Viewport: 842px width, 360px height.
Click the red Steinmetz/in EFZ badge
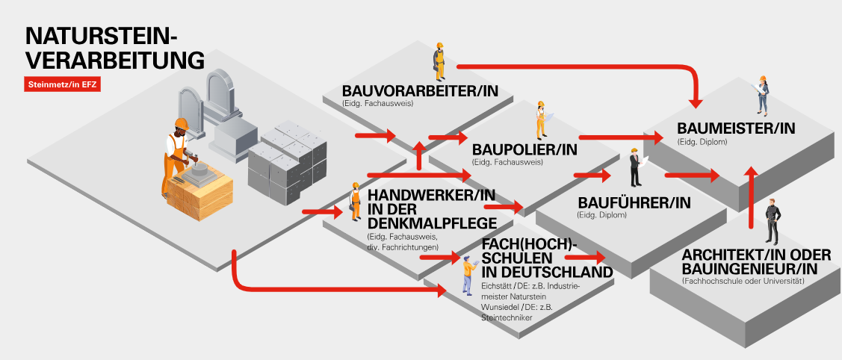click(63, 84)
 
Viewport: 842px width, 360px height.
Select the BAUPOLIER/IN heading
click(524, 149)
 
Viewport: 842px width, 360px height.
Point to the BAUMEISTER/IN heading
click(735, 128)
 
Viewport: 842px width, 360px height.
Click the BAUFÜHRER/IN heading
click(634, 202)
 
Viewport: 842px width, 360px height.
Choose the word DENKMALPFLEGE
click(430, 223)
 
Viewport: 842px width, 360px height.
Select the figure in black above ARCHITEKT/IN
click(772, 221)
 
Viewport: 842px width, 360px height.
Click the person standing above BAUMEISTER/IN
click(762, 94)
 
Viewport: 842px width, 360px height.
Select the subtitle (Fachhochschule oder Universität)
click(742, 282)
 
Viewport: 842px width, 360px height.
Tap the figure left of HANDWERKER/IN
click(355, 202)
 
